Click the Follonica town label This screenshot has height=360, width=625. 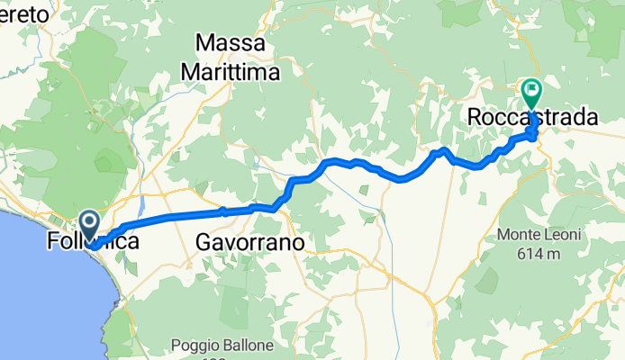pyautogui.click(x=90, y=242)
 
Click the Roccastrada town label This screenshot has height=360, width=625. pyautogui.click(x=533, y=117)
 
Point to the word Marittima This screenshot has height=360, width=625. pyautogui.click(x=230, y=70)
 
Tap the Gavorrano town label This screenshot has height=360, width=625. pyautogui.click(x=250, y=242)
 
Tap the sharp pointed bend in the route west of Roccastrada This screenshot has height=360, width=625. pyautogui.click(x=444, y=149)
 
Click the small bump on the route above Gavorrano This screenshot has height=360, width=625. pyautogui.click(x=224, y=211)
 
